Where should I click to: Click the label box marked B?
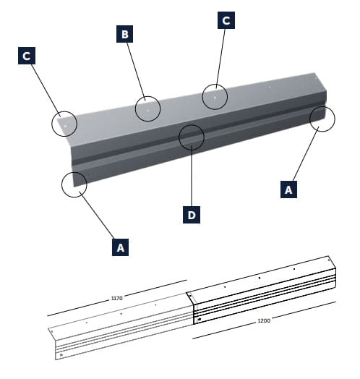click(x=124, y=34)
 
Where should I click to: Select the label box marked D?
click(x=192, y=215)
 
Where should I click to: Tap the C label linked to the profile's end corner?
click(x=27, y=56)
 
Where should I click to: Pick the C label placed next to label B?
click(x=226, y=20)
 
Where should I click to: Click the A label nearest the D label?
click(x=120, y=247)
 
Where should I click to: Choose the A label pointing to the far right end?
click(x=288, y=189)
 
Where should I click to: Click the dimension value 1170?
click(x=116, y=298)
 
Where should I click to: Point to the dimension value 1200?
click(x=264, y=320)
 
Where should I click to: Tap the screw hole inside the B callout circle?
click(x=148, y=111)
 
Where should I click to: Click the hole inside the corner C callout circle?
click(x=65, y=126)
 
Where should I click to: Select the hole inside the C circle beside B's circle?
click(x=215, y=98)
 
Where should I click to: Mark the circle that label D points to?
click(x=192, y=137)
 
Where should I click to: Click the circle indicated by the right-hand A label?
click(x=322, y=119)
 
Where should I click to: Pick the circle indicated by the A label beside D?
click(x=74, y=184)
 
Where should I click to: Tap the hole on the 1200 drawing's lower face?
click(x=200, y=320)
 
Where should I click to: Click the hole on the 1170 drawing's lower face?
click(x=61, y=355)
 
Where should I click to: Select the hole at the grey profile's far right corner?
click(x=315, y=79)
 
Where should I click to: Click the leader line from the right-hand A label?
click(x=306, y=153)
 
